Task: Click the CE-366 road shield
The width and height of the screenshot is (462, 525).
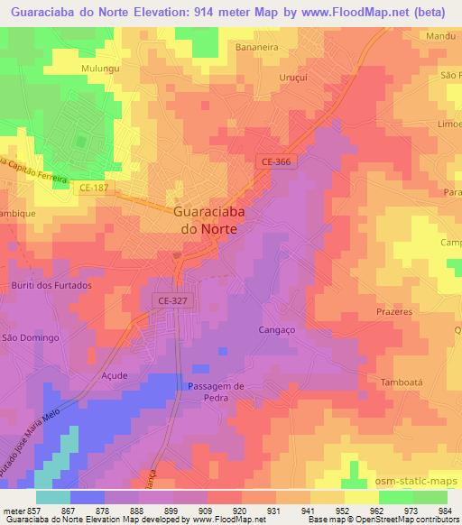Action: coord(277,161)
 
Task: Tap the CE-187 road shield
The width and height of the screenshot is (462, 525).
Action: coord(94,188)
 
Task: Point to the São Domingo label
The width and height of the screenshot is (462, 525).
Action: coord(31,337)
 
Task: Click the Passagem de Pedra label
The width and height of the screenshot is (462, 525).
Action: coord(216,392)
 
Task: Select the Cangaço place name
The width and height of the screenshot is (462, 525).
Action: coord(276,330)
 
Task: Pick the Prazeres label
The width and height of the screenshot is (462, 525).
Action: coord(393,311)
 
